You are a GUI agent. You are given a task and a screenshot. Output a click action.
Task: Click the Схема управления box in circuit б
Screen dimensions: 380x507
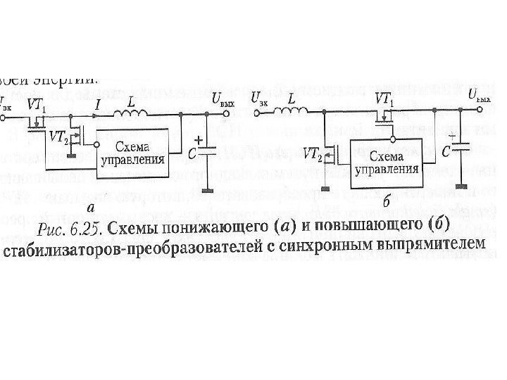click(386, 163)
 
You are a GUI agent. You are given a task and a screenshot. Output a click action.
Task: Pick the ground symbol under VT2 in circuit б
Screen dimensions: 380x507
click(325, 188)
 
